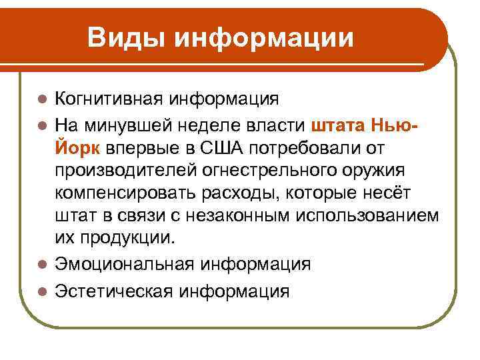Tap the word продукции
pyautogui.click(x=129, y=239)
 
